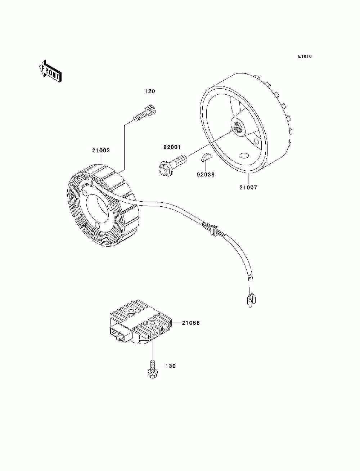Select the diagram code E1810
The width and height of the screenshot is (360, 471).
(x=305, y=56)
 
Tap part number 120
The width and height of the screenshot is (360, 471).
(x=150, y=91)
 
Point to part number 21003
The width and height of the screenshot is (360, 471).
(x=101, y=150)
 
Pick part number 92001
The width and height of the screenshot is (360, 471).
(x=172, y=147)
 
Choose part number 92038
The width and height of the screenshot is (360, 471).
(x=206, y=175)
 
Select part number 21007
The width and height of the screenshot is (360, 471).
(x=248, y=187)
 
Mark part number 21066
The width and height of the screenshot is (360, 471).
(x=190, y=323)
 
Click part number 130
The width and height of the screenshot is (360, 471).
(x=171, y=366)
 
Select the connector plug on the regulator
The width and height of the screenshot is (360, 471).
(x=119, y=333)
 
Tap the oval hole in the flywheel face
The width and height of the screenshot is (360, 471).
(x=244, y=155)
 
